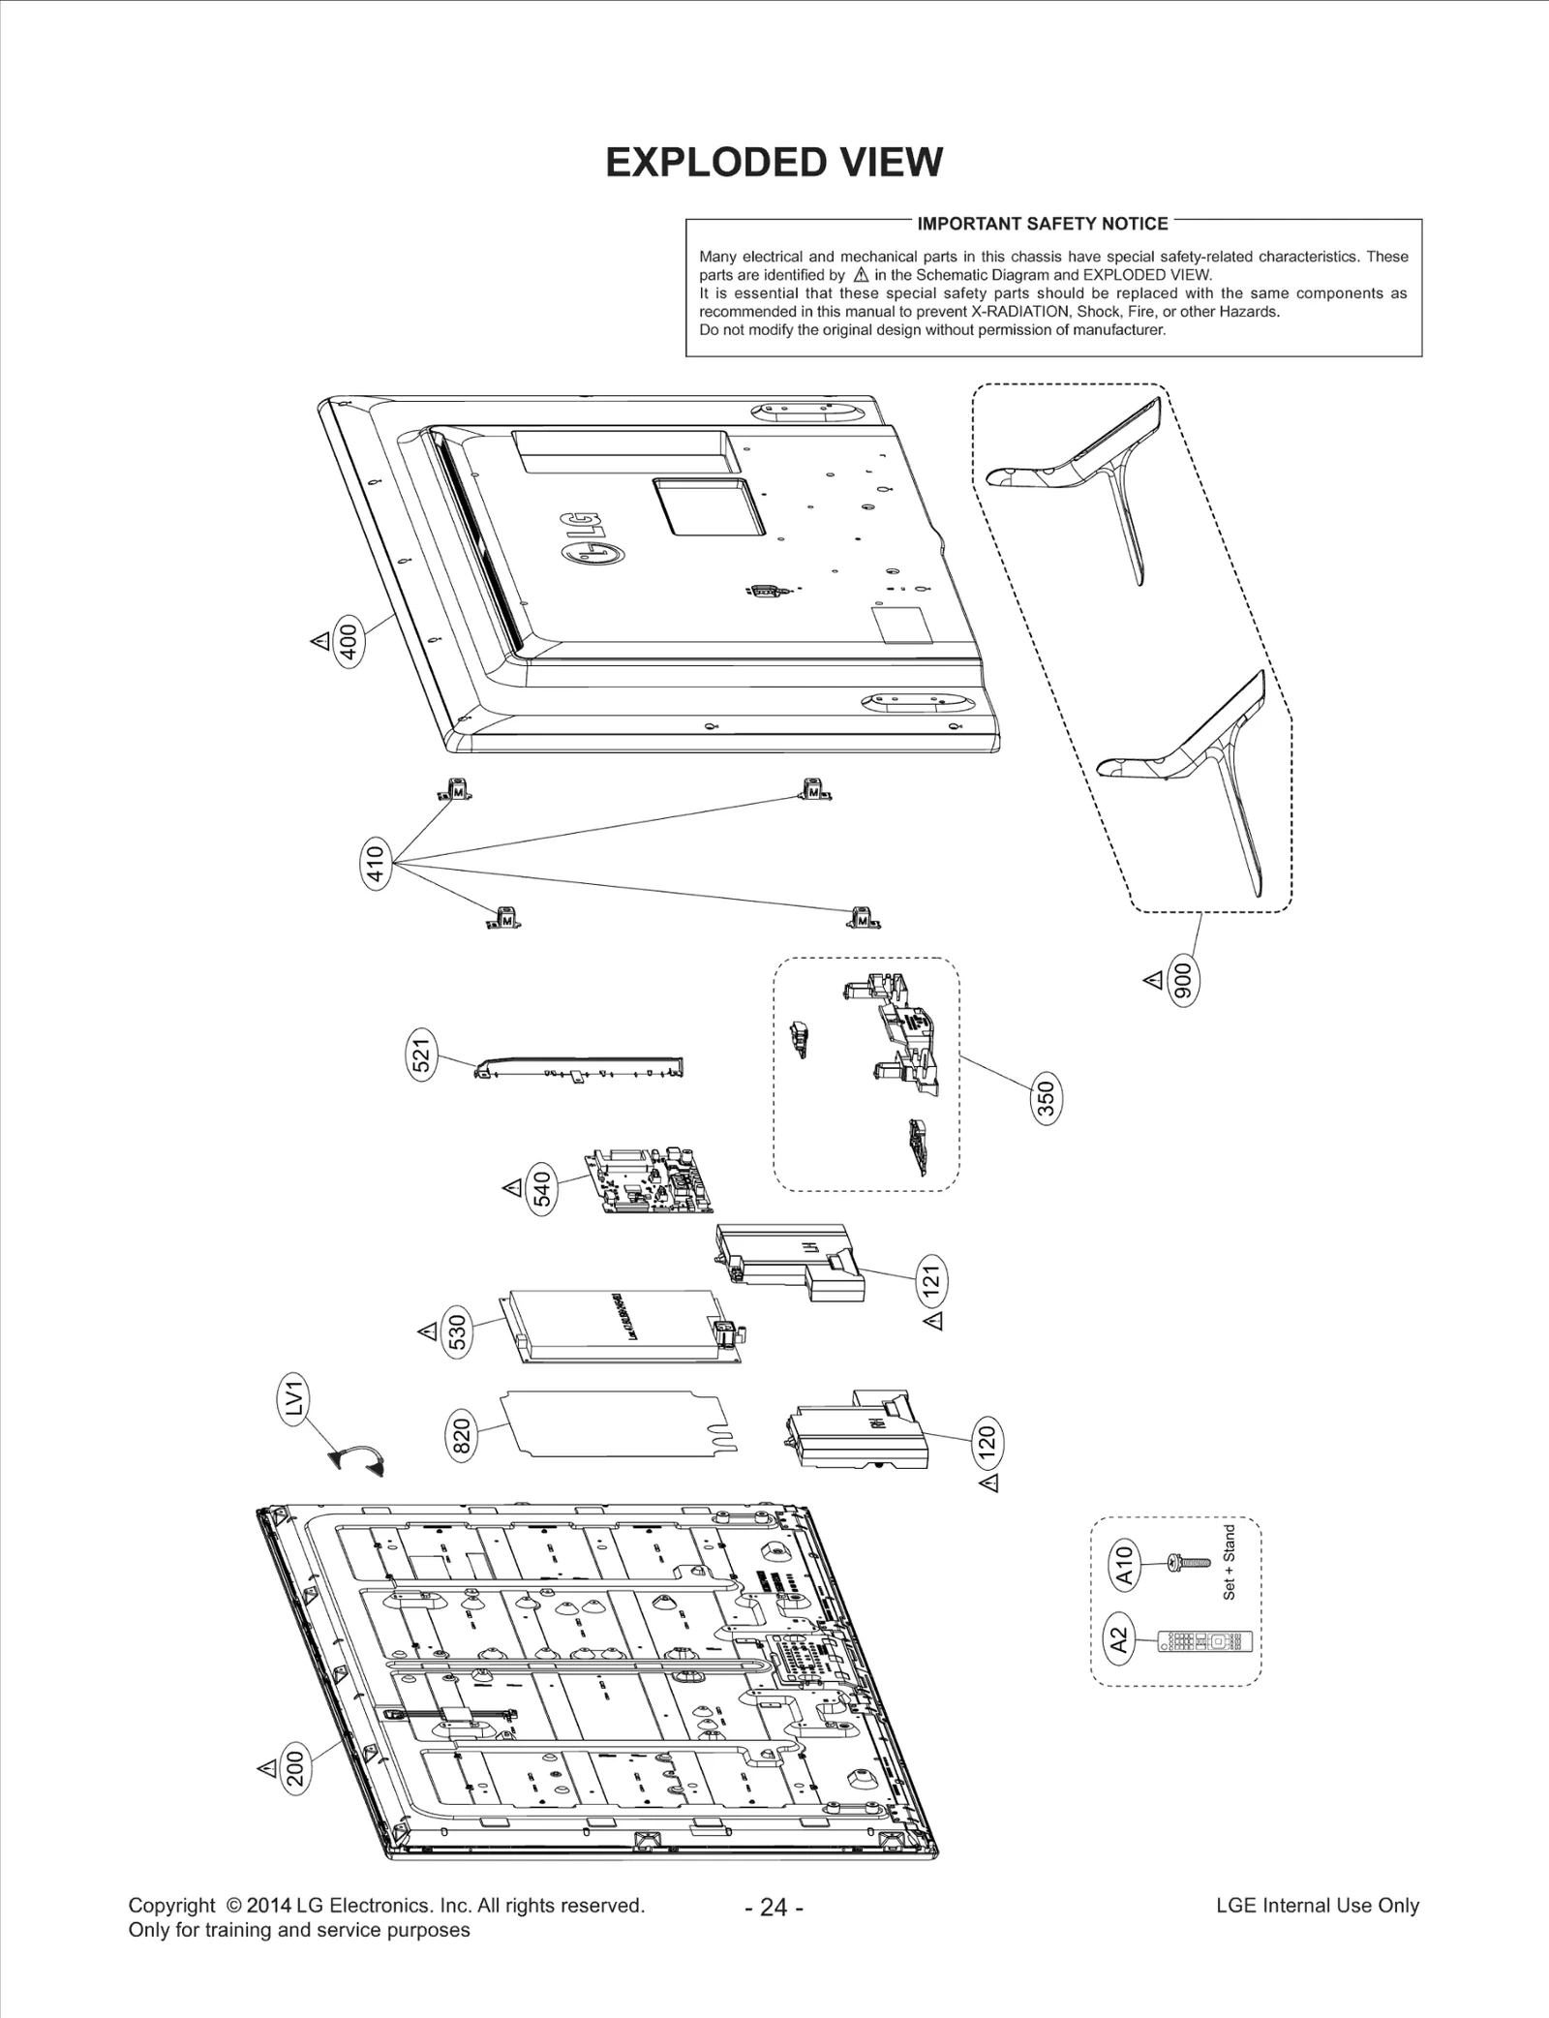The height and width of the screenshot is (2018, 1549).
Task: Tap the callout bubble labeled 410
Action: pos(376,863)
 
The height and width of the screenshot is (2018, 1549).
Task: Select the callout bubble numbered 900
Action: pos(1184,981)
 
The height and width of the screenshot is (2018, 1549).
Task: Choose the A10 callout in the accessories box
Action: pos(1124,1564)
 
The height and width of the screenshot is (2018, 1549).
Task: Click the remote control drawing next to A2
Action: pos(1205,1641)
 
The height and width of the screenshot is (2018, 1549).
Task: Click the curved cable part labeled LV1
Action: pos(357,1459)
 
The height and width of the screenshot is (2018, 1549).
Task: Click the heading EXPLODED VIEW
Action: pos(774,163)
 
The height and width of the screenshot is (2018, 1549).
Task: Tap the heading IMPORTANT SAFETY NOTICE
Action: pos(1043,224)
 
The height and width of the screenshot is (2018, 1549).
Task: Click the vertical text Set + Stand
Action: pos(1230,1562)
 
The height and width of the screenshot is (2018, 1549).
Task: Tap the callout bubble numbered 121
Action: pos(931,1281)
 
